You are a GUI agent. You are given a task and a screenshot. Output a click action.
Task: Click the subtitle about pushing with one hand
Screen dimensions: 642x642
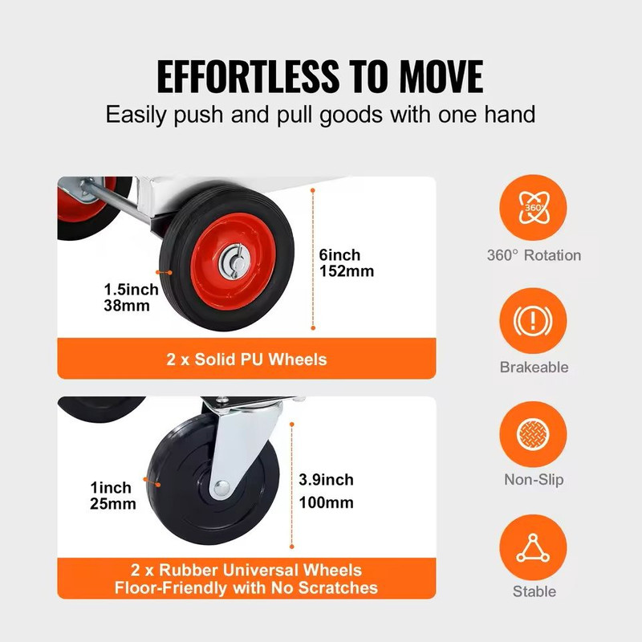pos(320,113)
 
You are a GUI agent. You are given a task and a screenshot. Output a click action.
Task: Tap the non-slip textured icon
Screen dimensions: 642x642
pos(534,435)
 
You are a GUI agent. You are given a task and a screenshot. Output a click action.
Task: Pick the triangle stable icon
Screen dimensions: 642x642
pos(534,547)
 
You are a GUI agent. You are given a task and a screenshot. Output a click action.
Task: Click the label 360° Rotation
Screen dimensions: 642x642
pos(534,255)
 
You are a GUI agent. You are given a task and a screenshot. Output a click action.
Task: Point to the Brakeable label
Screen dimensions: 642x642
pos(534,368)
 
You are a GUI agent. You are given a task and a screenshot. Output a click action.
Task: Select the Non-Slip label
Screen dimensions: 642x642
pos(534,480)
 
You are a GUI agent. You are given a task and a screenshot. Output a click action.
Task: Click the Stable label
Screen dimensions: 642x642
pos(534,592)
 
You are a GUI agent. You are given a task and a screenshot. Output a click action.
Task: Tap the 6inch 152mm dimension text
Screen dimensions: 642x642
pos(346,263)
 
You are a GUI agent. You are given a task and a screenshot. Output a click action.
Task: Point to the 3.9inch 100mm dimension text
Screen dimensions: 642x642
pos(325,491)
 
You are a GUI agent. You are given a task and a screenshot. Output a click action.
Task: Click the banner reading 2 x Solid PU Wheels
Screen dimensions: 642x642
pos(246,359)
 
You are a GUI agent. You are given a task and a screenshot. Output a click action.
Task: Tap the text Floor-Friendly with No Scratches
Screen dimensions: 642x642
pos(246,588)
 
